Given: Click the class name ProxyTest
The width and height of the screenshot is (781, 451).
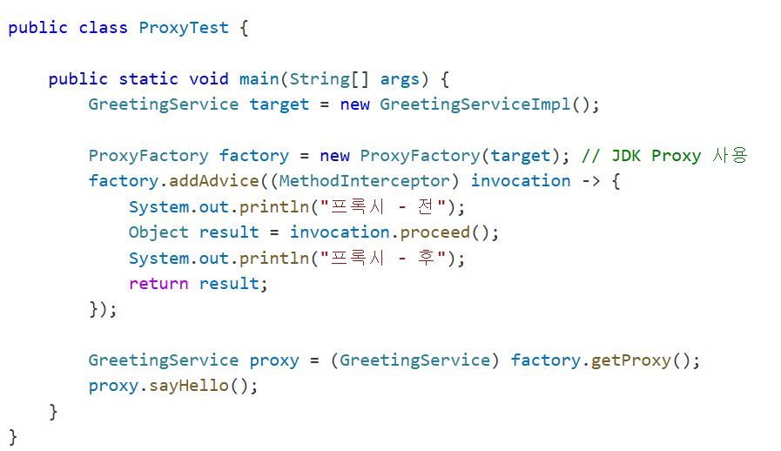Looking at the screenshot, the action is [x=184, y=29].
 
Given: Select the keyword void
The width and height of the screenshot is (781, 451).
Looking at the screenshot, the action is [x=209, y=79].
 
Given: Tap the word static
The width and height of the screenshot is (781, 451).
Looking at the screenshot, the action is [x=148, y=79].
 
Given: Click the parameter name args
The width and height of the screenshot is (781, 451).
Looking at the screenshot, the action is [x=400, y=80].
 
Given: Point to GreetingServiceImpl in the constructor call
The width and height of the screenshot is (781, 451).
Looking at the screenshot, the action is [x=475, y=104].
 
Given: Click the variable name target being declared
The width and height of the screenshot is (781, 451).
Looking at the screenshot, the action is [x=279, y=105].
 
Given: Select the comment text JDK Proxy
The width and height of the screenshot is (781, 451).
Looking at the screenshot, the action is [x=656, y=156].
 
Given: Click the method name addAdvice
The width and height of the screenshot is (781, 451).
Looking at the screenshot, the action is [x=214, y=181].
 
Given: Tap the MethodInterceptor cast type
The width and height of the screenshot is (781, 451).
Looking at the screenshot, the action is [x=365, y=181].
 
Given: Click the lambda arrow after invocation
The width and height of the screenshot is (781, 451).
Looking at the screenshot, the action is [x=591, y=181].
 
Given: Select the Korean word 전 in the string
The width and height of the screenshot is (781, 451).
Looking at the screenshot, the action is [x=426, y=207].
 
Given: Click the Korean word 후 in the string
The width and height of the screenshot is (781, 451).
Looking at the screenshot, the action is [x=426, y=258].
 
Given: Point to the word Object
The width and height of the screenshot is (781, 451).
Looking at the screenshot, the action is [x=158, y=232].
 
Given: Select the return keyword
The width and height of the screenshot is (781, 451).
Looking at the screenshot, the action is [x=158, y=284].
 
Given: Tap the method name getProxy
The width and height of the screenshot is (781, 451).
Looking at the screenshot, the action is [x=631, y=360].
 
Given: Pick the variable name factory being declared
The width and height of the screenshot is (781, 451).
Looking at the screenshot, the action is [x=254, y=156].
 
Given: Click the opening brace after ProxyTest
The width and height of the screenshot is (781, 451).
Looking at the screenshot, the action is [x=244, y=29].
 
